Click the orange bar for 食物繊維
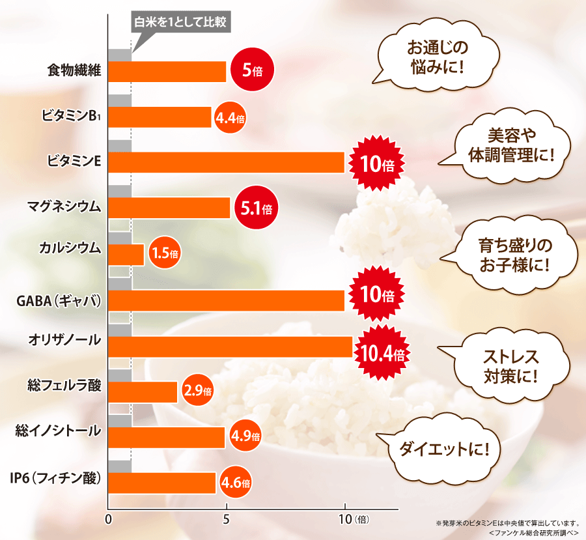pos(167,72)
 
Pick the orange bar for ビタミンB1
pos(160,117)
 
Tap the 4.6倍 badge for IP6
pos(235,483)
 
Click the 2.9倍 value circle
pos(198,391)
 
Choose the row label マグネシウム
pos(64,208)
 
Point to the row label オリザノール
pos(64,339)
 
